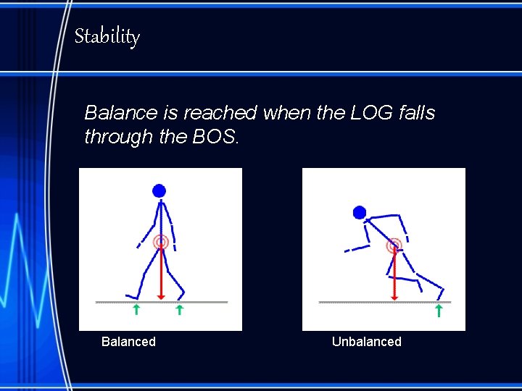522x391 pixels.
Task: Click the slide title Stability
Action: click(107, 36)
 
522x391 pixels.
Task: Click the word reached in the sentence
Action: click(220, 113)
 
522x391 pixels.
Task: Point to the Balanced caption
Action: click(128, 342)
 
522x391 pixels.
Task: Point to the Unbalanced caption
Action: click(366, 342)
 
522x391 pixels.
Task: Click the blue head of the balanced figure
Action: click(159, 191)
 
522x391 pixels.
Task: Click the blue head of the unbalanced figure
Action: click(360, 212)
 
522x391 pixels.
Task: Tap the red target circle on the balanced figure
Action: click(160, 243)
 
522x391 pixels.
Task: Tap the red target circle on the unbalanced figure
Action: click(394, 245)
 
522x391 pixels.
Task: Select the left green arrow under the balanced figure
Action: click(136, 311)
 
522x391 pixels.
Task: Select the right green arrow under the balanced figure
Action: click(179, 311)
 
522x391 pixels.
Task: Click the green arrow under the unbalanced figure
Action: click(439, 311)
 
